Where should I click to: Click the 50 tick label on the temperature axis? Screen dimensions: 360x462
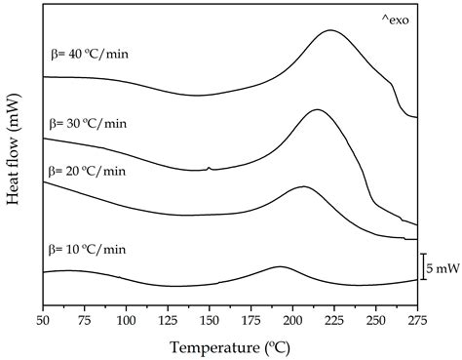(43, 320)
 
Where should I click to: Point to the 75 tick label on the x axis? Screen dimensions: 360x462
(84, 320)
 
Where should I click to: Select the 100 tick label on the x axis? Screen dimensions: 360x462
(126, 320)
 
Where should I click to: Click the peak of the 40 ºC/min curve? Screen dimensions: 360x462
(330, 30)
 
